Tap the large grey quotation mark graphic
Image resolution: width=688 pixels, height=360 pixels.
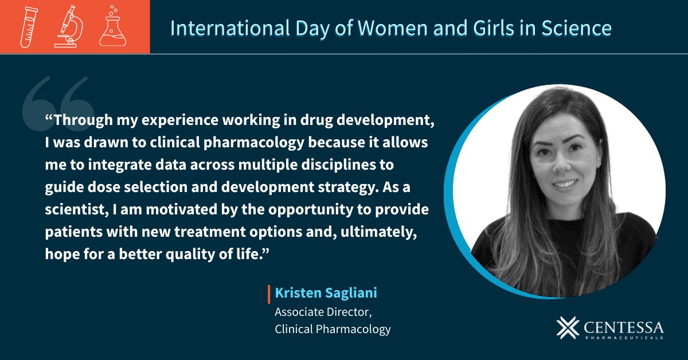57,103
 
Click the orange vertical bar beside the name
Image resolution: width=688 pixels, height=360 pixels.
269,294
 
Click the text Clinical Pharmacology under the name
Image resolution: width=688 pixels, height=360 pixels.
333,329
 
